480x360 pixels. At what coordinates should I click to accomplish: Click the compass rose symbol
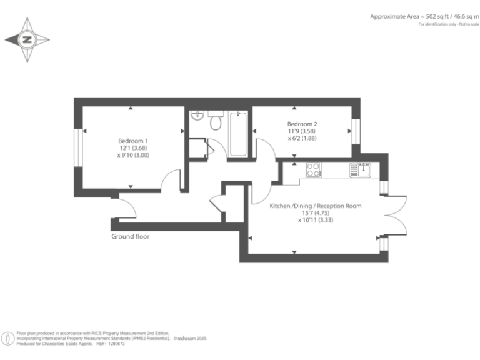pos(27,39)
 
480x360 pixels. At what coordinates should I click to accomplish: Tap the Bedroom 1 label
pos(133,141)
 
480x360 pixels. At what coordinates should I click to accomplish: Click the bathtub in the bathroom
pos(238,134)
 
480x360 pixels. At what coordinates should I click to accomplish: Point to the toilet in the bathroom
pos(216,122)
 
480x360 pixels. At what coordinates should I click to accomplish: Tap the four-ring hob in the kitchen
pos(313,169)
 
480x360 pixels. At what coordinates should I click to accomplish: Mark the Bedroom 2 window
pos(356,131)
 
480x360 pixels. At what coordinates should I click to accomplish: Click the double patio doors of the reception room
pos(396,216)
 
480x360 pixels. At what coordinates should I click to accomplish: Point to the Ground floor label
pos(130,237)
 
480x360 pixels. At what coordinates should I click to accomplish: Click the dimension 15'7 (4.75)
pos(315,212)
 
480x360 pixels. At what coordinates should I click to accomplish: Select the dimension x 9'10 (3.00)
pos(133,154)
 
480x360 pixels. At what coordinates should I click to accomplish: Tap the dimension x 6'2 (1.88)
pos(302,139)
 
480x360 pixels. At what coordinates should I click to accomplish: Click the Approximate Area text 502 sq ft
pos(406,16)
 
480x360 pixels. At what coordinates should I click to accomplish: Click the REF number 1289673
pos(114,344)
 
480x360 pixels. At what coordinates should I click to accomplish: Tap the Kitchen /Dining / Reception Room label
pos(315,206)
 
